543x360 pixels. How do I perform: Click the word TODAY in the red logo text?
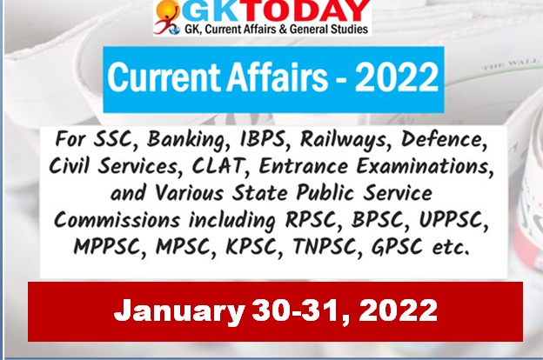pos(307,10)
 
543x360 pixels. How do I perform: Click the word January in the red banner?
pos(179,311)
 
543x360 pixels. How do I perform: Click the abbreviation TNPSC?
pos(327,246)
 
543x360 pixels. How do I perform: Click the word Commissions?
pos(117,219)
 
